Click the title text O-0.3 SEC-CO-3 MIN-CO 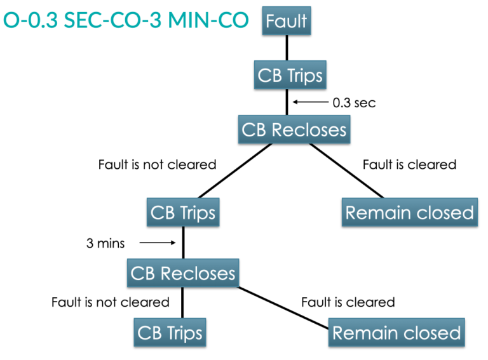pos(126,20)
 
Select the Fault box pos(287,20)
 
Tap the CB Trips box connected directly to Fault pos(290,76)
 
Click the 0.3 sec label pos(354,102)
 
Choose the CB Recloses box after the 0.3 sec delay pos(294,130)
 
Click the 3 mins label pos(105,243)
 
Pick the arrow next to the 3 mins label pos(156,243)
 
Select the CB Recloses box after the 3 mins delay pos(183,273)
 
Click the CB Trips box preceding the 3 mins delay pos(183,212)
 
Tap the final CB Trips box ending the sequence pos(170,332)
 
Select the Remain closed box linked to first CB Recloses pos(409,212)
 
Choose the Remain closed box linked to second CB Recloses pos(396,332)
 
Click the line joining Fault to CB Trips pos(287,47)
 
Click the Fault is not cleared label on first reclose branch pos(157,164)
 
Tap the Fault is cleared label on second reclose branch pos(348,302)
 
